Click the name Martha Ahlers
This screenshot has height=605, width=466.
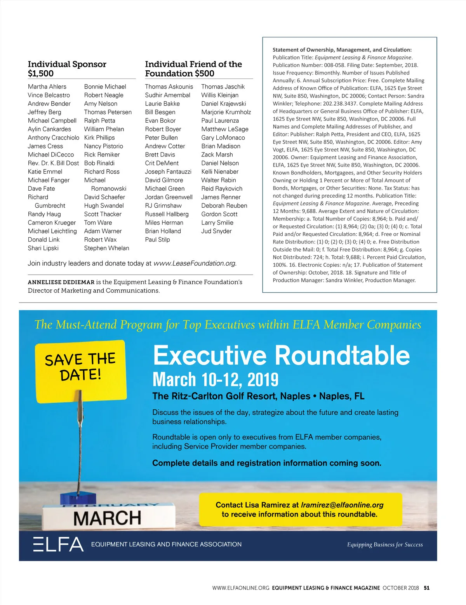coord(47,87)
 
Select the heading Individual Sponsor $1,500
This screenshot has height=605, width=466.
coord(67,69)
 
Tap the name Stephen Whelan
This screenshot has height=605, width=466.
coord(106,248)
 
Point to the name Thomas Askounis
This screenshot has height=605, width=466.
coord(169,87)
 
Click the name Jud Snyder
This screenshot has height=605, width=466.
coord(216,231)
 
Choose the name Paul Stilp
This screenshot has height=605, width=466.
coord(157,240)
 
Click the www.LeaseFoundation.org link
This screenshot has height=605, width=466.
coord(195,263)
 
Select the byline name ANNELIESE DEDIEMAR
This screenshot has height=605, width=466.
coord(61,282)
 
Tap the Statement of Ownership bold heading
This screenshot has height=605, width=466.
coord(342,50)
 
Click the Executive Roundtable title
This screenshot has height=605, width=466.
coord(281,355)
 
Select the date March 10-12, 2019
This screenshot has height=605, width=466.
coord(216,380)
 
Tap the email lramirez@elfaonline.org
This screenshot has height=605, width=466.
coord(342,505)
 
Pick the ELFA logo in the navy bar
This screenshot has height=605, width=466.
coord(58,544)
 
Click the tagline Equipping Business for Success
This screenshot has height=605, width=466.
coord(385,545)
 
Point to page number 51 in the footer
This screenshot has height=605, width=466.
coord(427,588)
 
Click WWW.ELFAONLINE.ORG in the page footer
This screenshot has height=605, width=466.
coord(241,588)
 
